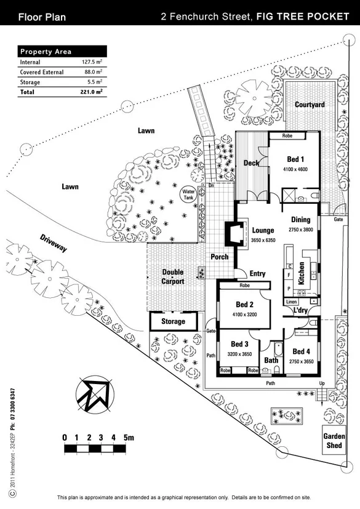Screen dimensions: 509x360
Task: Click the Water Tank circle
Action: pos(188,194)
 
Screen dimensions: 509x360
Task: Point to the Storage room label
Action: pos(174,321)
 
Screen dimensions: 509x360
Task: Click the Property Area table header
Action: pos(46,52)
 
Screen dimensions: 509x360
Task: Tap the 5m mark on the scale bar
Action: pos(128,438)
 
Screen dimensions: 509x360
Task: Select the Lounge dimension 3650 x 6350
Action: pos(263,240)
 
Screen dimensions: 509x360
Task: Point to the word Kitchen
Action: pos(302,273)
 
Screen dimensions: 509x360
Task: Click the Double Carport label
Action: pos(173,276)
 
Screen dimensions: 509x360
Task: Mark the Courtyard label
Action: pos(309,105)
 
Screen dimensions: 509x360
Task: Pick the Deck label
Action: pos(251,163)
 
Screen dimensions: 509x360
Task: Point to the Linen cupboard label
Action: pos(292,302)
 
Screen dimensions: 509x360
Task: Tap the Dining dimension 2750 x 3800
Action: pos(301,230)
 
